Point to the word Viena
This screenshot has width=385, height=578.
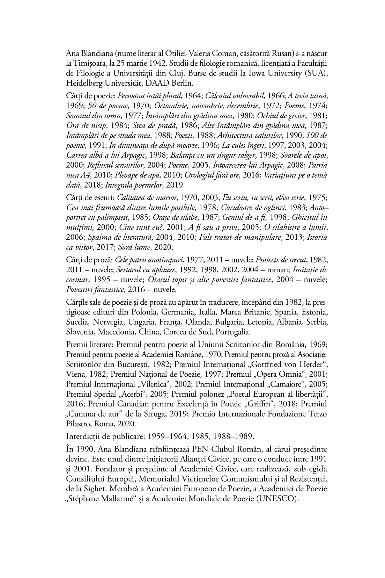(x=74, y=374)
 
